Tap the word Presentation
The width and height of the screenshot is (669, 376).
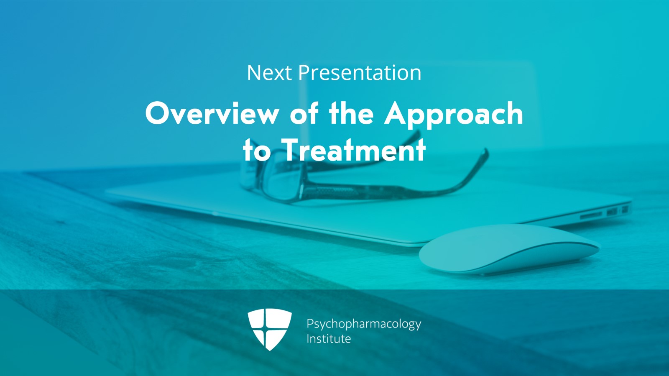tap(360, 73)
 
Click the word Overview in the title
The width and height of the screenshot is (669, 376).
tap(212, 113)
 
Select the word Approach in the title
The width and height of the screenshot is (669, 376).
tap(454, 114)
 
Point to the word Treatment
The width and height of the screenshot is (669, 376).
tap(354, 150)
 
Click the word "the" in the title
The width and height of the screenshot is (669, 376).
tap(351, 113)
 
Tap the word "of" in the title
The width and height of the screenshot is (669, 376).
tap(304, 113)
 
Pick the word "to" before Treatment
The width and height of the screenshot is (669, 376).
tap(256, 150)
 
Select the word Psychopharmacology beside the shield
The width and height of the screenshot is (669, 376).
tap(364, 324)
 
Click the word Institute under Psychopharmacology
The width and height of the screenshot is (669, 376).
tap(329, 338)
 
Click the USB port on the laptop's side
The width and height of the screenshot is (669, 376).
tap(612, 212)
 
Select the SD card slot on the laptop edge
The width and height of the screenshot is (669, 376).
tap(591, 215)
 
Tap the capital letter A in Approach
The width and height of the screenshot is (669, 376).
tap(398, 113)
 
